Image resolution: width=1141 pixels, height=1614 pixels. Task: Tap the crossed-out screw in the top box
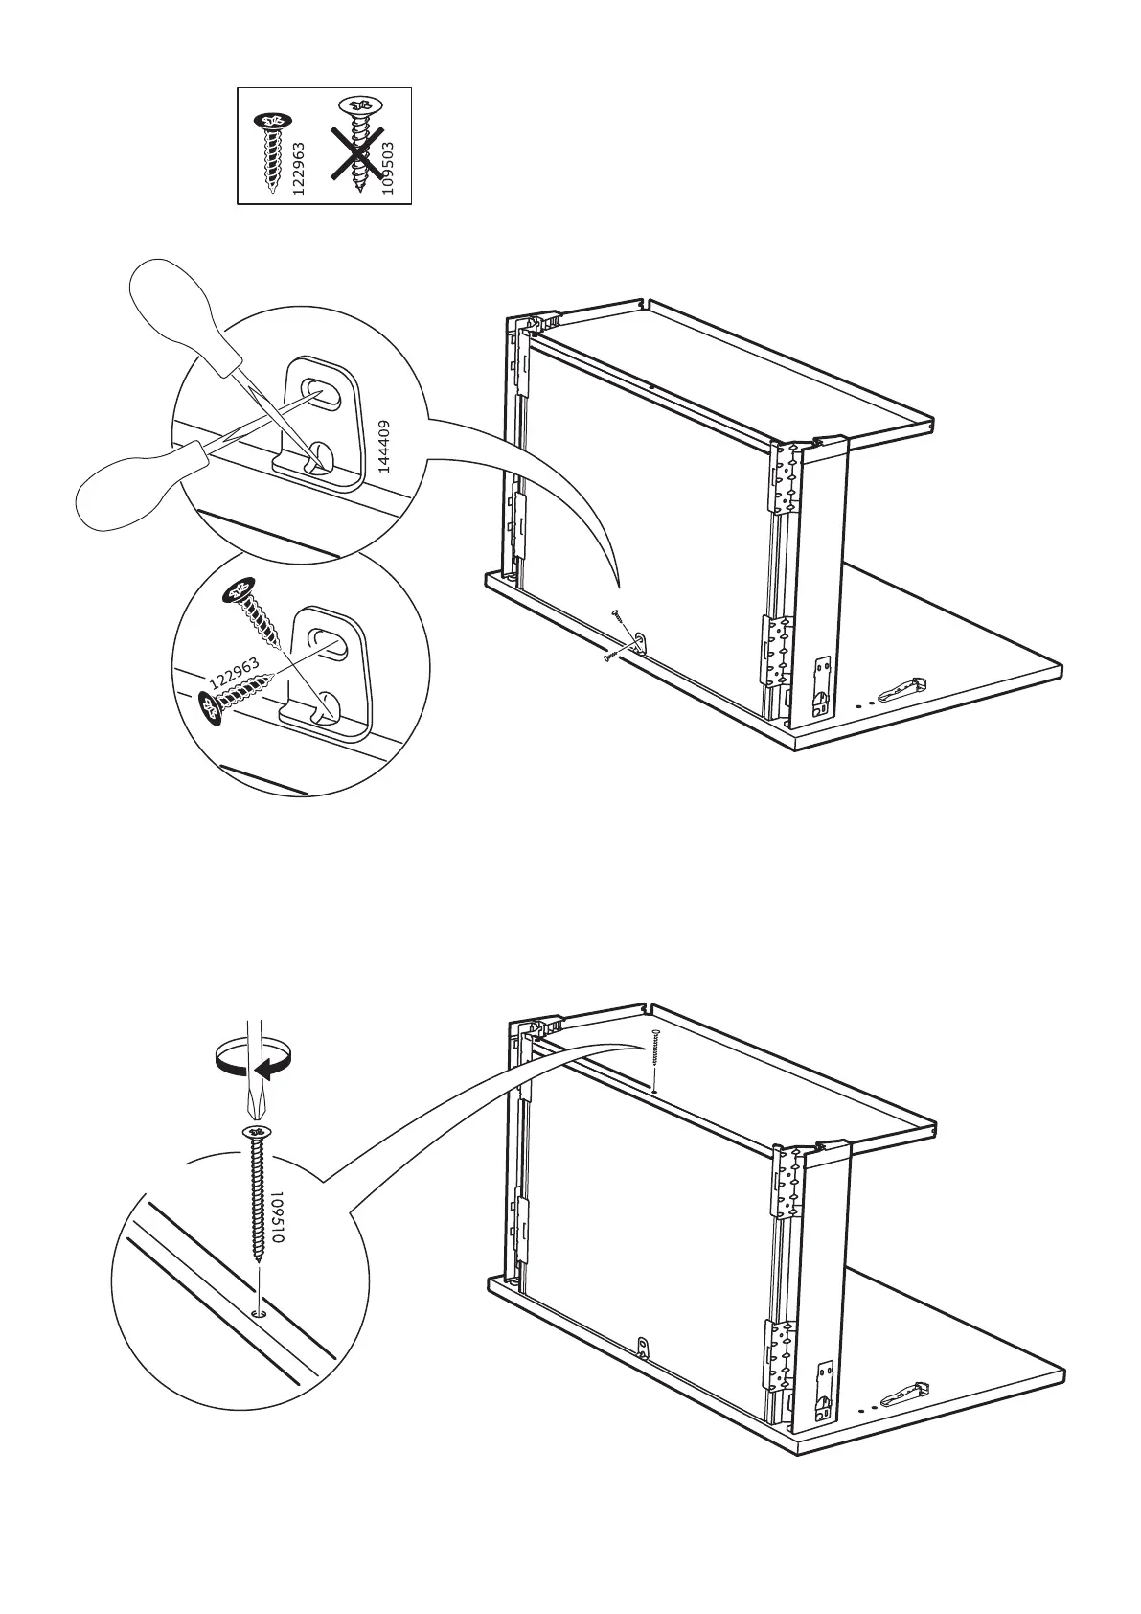[358, 143]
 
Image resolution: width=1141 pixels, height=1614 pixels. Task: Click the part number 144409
[383, 447]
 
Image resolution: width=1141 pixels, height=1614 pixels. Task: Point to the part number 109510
[278, 1218]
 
